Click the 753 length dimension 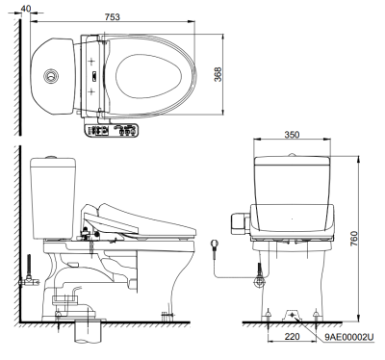113,16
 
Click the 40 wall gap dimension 26,8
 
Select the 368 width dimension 218,74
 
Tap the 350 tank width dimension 292,135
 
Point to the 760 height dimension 353,239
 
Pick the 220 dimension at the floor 292,336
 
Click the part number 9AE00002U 349,337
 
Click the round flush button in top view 51,76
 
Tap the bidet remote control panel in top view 111,130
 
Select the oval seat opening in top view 148,76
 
